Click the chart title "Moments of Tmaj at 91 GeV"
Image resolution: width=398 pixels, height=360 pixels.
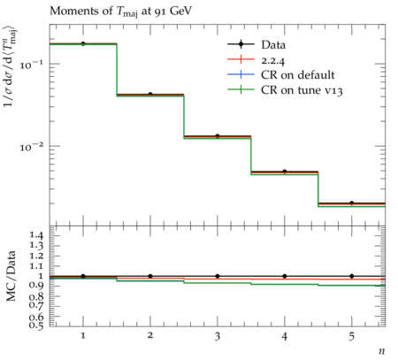click(120, 11)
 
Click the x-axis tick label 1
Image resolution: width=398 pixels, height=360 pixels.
click(83, 335)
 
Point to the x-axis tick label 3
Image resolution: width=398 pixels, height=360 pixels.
click(218, 336)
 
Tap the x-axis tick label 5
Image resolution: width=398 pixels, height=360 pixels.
click(352, 336)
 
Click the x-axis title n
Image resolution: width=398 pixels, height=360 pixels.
click(382, 351)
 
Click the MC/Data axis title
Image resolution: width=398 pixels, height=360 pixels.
click(11, 276)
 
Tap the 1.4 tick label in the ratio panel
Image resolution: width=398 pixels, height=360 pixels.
click(36, 235)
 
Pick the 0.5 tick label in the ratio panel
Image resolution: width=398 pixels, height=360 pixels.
click(36, 325)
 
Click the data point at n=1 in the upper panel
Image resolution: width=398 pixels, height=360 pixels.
click(83, 43)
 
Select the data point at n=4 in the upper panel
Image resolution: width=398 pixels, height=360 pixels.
click(285, 172)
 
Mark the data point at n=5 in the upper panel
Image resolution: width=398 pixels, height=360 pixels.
click(352, 203)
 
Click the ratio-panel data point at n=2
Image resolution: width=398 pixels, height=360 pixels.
click(150, 276)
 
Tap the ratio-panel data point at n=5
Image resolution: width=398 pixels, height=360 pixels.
click(352, 276)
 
